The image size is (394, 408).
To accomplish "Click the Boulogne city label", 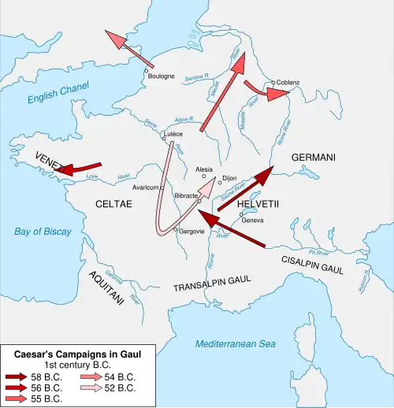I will [x=162, y=76].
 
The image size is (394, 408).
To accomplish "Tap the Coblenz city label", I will [x=288, y=83].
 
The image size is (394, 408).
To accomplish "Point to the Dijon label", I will [x=229, y=178].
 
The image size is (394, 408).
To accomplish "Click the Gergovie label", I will [x=191, y=231].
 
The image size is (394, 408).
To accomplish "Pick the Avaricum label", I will [x=146, y=187].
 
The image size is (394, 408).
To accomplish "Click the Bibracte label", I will [x=187, y=195].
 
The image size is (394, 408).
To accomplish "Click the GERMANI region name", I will [x=313, y=158].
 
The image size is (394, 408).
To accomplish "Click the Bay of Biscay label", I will [x=43, y=232].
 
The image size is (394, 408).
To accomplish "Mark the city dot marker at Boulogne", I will [x=146, y=71].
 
